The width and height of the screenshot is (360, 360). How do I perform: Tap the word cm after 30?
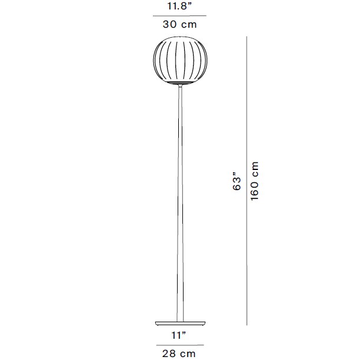coord(188,25)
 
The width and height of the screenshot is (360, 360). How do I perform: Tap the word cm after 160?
coord(255,168)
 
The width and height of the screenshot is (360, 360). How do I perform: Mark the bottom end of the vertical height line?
coord(246,324)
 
